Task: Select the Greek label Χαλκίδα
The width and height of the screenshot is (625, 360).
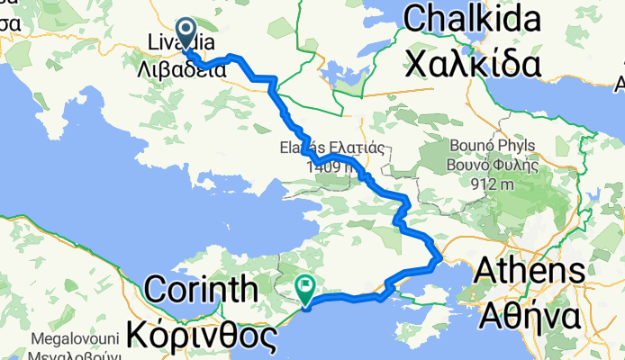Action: (x=474, y=65)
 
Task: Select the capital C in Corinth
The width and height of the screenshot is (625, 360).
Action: (x=155, y=292)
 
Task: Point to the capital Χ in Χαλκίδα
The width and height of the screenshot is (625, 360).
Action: (x=418, y=65)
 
